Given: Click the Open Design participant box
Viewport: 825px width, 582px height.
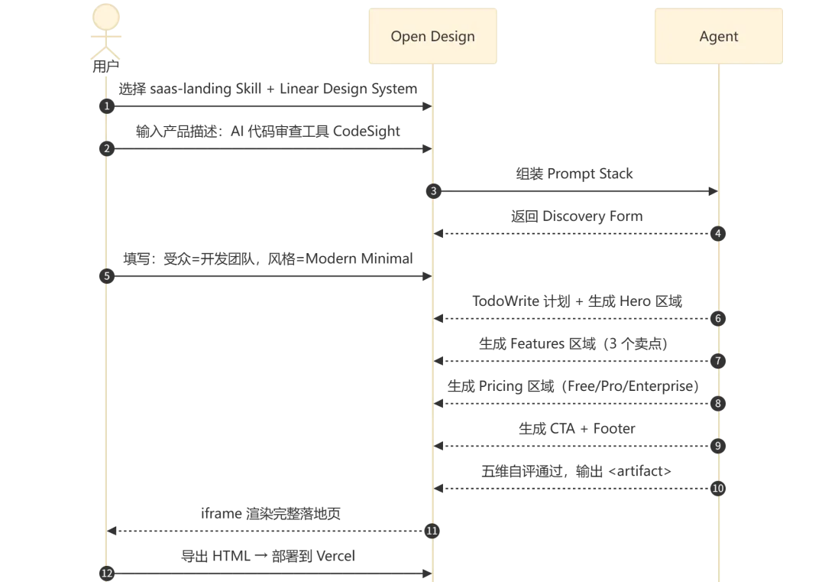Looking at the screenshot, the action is point(432,36).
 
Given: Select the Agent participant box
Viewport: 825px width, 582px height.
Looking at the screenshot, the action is point(718,36).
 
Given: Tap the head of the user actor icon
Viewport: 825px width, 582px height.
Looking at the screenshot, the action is point(105,17).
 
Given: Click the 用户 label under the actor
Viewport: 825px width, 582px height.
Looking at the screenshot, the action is point(105,67).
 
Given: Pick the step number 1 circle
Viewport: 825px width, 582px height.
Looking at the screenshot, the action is point(107,106).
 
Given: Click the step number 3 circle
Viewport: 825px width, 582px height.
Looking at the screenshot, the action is point(434,191).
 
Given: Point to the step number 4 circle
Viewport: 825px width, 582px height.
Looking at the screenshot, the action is point(718,233).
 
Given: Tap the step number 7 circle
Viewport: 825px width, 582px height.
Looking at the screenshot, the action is point(718,361).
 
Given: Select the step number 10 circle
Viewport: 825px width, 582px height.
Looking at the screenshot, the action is point(718,488).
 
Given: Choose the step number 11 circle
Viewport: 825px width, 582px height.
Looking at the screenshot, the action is point(432,531).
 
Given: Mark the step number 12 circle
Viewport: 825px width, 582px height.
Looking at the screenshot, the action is point(107,574).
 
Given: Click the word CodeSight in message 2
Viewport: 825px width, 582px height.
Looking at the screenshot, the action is point(366,131).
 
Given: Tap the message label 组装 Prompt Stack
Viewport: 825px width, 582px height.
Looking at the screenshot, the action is point(574,174).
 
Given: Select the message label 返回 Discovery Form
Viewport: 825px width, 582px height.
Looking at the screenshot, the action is point(577,216).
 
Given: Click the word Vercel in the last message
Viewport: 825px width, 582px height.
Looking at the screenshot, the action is point(335,556).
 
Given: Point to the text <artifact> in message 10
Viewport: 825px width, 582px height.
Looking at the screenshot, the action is point(640,471).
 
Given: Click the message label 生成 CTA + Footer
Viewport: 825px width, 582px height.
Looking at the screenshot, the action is point(577,429).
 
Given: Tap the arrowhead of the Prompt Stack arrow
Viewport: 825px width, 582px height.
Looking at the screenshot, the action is point(713,191).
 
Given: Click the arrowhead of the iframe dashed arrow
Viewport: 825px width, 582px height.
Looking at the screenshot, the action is point(112,531).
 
